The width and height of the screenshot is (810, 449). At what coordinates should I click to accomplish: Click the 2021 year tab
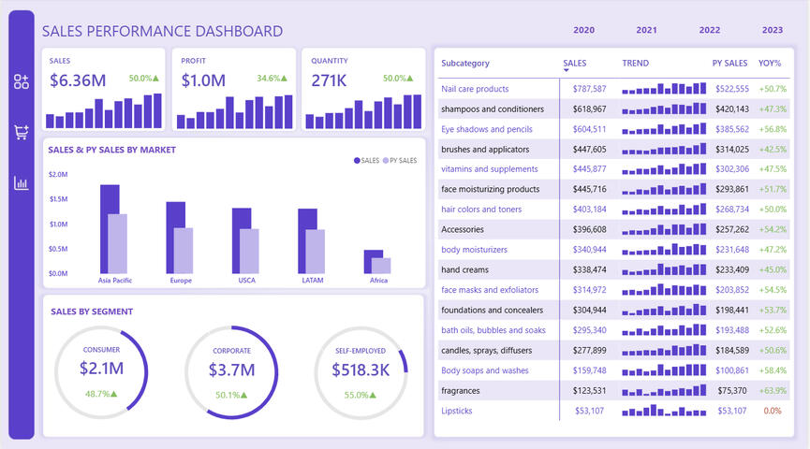(x=646, y=30)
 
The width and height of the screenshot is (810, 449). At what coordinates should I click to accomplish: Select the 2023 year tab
(x=773, y=30)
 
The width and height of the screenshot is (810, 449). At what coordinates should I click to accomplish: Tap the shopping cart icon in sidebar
(x=22, y=132)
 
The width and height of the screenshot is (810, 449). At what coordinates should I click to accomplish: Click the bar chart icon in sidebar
(x=22, y=182)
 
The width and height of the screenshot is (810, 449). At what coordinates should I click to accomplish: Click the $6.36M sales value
(x=77, y=80)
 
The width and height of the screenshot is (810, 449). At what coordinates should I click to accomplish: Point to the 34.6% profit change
(x=273, y=79)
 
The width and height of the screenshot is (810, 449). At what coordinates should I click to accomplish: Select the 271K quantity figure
(x=330, y=80)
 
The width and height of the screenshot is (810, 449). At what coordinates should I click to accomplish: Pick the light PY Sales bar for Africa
(x=381, y=266)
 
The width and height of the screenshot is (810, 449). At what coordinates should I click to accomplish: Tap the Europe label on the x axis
(x=181, y=280)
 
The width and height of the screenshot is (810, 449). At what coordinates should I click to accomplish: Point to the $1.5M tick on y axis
(x=58, y=199)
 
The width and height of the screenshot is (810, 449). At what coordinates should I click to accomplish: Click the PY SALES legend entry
(x=400, y=161)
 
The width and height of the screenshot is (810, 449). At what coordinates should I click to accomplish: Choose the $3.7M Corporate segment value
(x=231, y=369)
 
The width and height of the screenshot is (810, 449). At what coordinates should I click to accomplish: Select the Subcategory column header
(x=465, y=64)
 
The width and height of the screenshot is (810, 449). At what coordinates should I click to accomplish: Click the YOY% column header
(x=770, y=64)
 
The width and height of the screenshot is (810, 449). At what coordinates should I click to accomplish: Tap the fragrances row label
(x=462, y=390)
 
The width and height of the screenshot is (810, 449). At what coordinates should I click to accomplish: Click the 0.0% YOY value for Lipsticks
(x=773, y=411)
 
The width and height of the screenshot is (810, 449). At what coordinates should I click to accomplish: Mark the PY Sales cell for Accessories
(x=730, y=229)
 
